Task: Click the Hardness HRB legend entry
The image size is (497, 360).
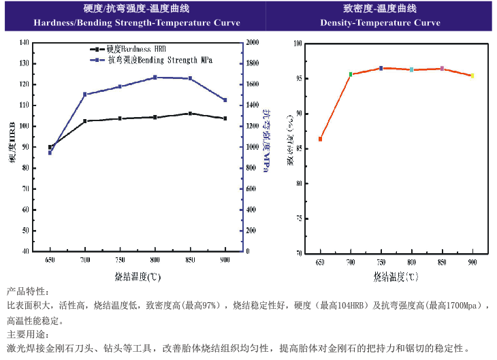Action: click(x=136, y=50)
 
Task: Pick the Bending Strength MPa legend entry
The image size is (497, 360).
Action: click(x=160, y=60)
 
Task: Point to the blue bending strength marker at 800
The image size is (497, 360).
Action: click(x=155, y=78)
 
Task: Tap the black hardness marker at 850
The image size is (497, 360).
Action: click(x=190, y=114)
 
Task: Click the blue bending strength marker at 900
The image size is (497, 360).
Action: click(x=225, y=100)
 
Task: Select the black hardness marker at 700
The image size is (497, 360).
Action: click(x=85, y=121)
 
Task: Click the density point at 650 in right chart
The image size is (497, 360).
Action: click(x=320, y=139)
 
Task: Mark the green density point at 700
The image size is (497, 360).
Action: click(x=351, y=74)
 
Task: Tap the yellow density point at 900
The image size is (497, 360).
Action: click(x=472, y=76)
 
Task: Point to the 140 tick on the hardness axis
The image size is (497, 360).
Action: click(x=25, y=42)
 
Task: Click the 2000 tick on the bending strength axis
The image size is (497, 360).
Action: click(x=252, y=42)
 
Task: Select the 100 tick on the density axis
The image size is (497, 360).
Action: click(x=298, y=44)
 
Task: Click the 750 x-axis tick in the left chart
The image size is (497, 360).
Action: click(x=120, y=261)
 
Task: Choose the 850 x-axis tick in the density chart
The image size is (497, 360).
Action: click(x=442, y=261)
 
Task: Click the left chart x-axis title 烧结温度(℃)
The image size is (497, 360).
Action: click(x=137, y=277)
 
